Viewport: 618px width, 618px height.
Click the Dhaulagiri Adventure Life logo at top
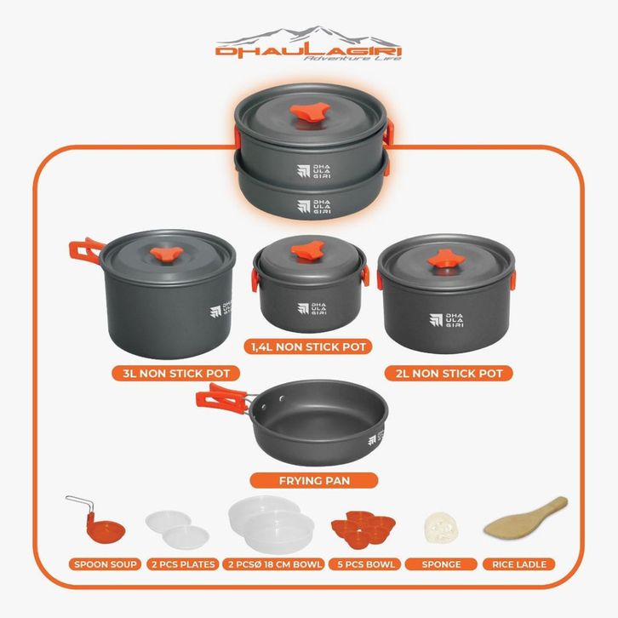click(309, 43)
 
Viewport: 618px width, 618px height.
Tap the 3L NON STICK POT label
click(176, 373)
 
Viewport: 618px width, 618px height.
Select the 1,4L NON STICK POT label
click(308, 346)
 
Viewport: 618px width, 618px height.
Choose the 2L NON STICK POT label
click(449, 373)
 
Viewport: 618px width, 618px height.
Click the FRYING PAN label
click(314, 480)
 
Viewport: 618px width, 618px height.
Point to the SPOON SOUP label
click(105, 564)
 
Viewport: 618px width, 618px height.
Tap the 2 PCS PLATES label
click(183, 564)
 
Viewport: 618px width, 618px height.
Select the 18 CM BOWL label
click(273, 564)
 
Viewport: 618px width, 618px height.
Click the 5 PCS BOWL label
click(366, 564)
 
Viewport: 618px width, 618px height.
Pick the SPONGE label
click(441, 564)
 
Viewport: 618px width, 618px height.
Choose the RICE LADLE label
click(519, 564)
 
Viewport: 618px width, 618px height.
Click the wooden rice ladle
click(526, 517)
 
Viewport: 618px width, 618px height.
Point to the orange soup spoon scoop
click(106, 530)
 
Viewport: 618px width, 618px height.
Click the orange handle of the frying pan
click(221, 398)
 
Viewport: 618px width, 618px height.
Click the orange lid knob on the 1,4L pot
click(307, 250)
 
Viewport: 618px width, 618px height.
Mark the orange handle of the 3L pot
click(85, 249)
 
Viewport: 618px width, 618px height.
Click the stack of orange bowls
click(363, 529)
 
